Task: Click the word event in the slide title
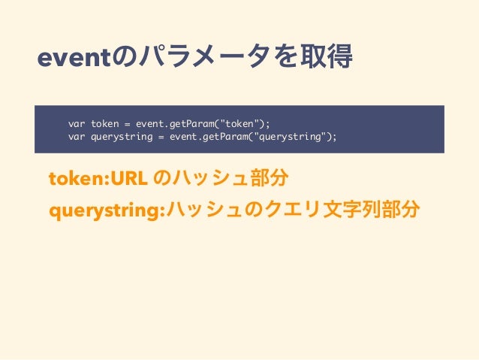click(x=72, y=58)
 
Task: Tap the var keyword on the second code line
click(x=77, y=137)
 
